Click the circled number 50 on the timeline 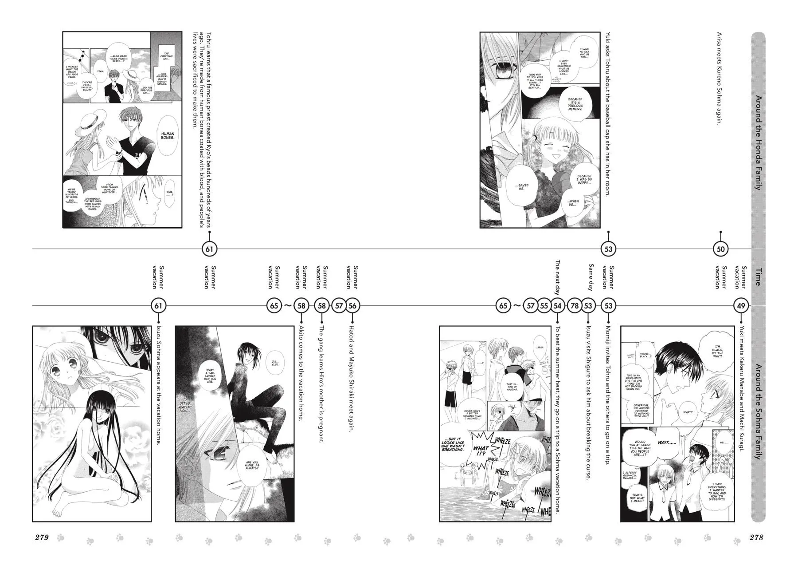click(x=720, y=249)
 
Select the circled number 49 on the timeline click(x=741, y=305)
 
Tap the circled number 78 click(x=575, y=305)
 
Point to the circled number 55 click(x=544, y=305)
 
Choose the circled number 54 click(x=558, y=305)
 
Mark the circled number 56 click(x=352, y=305)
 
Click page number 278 click(x=756, y=537)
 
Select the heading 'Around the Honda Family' click(x=758, y=142)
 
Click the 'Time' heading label click(x=758, y=277)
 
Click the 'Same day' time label click(x=591, y=277)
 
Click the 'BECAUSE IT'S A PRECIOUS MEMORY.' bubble click(x=575, y=105)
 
